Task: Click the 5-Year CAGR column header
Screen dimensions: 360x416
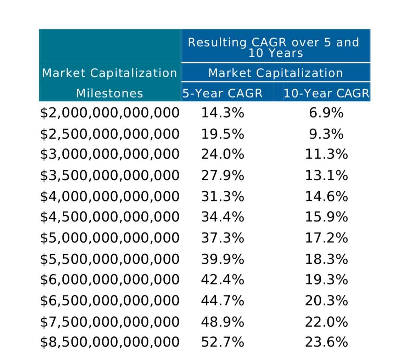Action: click(222, 93)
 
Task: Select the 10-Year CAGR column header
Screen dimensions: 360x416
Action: click(326, 93)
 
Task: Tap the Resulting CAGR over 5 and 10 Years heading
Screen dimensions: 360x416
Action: click(275, 47)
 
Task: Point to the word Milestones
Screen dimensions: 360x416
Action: click(110, 94)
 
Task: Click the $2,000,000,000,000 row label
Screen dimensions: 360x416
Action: click(110, 113)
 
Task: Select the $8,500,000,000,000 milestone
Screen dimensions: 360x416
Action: click(110, 342)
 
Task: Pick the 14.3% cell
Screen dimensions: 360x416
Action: click(223, 113)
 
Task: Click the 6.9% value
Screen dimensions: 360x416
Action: click(326, 113)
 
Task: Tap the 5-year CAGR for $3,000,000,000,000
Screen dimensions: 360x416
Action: click(223, 154)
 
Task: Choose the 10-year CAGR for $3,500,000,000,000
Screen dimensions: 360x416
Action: click(326, 176)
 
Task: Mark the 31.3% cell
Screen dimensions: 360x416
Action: click(223, 197)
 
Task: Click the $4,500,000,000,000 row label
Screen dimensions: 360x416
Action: click(110, 217)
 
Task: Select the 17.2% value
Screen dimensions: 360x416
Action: click(326, 238)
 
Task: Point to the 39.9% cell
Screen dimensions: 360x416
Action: click(223, 259)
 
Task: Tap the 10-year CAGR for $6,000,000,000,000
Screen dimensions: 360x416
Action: click(326, 279)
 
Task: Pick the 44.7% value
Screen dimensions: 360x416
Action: click(223, 301)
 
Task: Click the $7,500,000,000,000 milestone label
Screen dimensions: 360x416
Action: click(110, 322)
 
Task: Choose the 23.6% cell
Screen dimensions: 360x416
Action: click(326, 342)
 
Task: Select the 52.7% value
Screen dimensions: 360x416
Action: click(223, 342)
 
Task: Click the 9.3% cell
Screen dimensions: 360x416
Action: click(326, 134)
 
